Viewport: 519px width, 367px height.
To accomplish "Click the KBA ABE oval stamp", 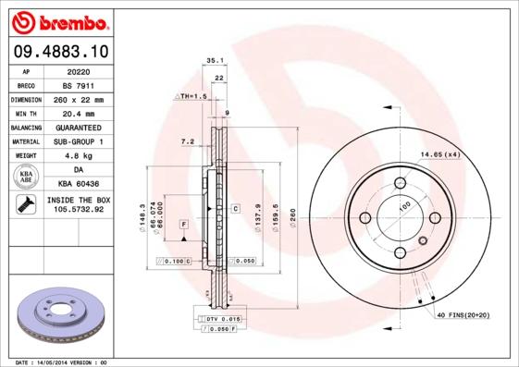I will coord(27,177).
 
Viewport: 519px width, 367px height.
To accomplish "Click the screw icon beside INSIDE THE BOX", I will coord(25,204).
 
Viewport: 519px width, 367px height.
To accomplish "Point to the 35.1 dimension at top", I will coord(215,60).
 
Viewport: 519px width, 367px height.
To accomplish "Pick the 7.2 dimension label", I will coord(186,141).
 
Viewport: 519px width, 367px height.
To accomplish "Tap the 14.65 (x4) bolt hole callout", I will coord(439,153).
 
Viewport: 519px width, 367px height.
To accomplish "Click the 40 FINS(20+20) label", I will coord(465,315).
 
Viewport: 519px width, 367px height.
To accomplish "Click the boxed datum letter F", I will coord(184,224).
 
